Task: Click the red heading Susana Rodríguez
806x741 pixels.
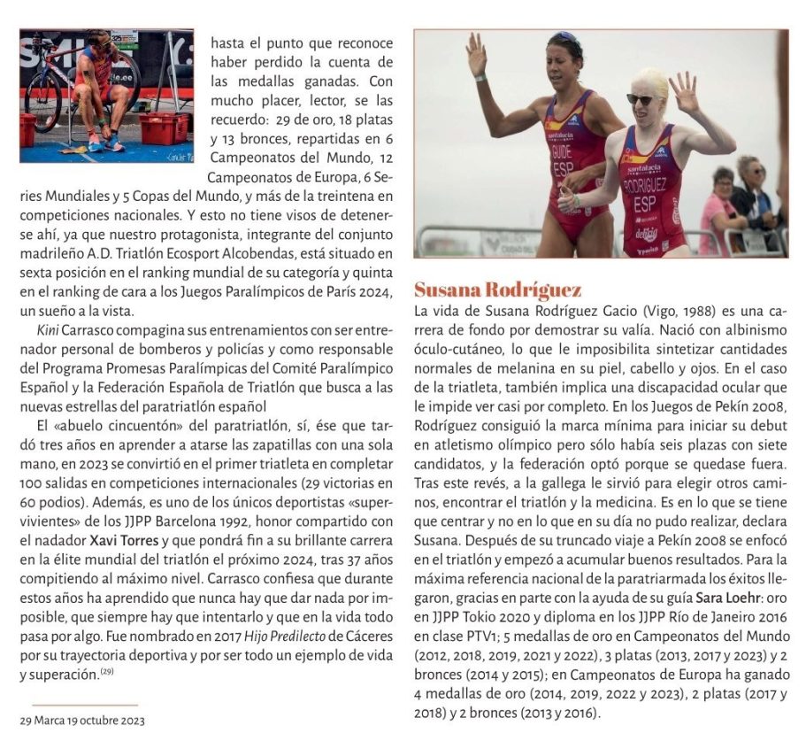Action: (498, 290)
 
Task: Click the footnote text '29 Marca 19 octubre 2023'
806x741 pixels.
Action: (82, 721)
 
